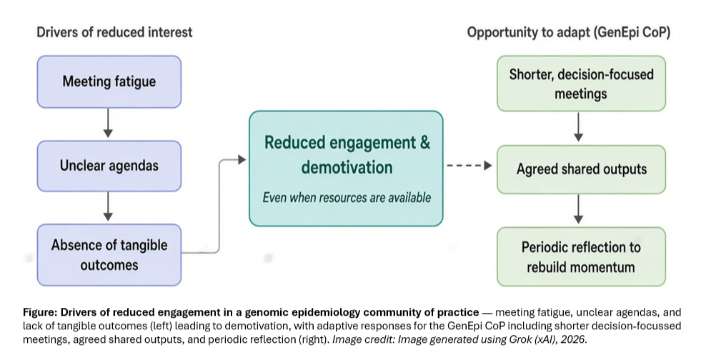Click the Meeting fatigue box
tap(109, 82)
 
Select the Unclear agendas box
tap(109, 166)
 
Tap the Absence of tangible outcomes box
tap(109, 255)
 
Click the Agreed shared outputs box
tap(581, 170)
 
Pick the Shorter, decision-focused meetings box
tap(581, 84)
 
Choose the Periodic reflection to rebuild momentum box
tap(581, 257)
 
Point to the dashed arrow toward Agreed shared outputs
tap(469, 166)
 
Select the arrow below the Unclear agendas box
tap(108, 206)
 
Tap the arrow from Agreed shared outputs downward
tap(579, 209)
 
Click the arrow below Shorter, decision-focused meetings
tap(579, 127)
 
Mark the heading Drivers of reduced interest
tap(114, 32)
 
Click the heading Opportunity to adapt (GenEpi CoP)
tap(569, 33)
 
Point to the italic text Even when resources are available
tap(347, 198)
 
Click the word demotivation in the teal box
tap(347, 167)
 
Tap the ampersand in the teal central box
tap(425, 143)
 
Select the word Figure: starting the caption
tap(40, 312)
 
